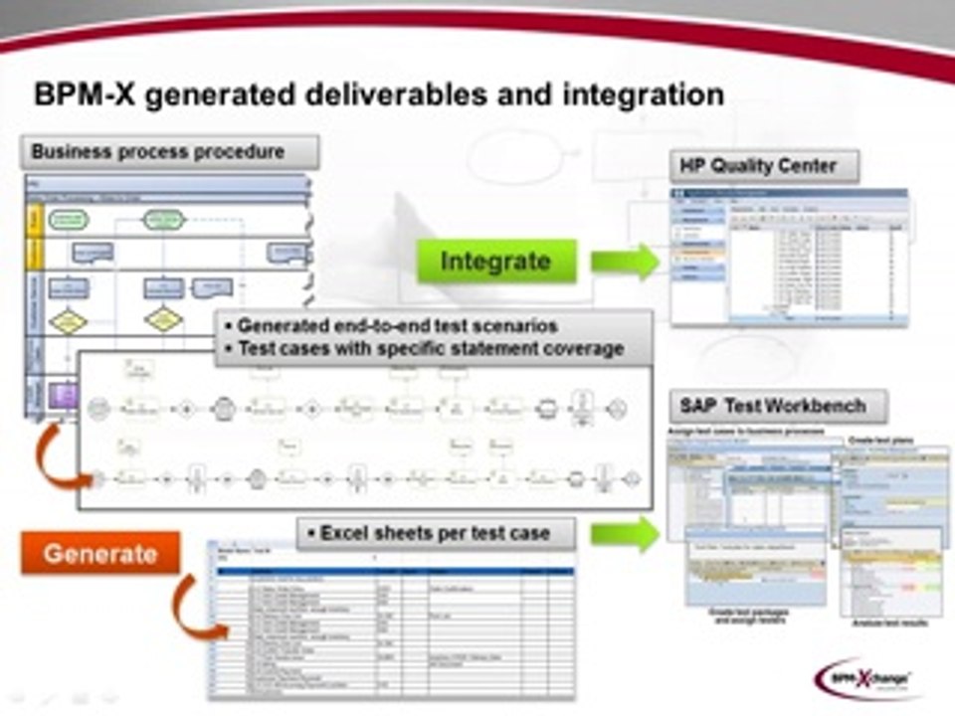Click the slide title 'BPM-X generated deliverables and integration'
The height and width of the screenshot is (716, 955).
click(379, 94)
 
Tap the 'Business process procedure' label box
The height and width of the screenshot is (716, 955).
click(170, 152)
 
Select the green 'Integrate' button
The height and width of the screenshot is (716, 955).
click(495, 262)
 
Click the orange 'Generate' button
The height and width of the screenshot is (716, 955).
click(99, 554)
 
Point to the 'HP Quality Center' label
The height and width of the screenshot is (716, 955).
click(763, 165)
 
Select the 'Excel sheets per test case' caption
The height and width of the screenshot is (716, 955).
click(436, 533)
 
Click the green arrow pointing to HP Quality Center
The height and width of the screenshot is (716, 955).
click(625, 262)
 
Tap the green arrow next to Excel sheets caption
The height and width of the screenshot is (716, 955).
click(625, 533)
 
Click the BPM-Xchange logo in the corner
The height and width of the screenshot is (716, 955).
click(863, 677)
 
